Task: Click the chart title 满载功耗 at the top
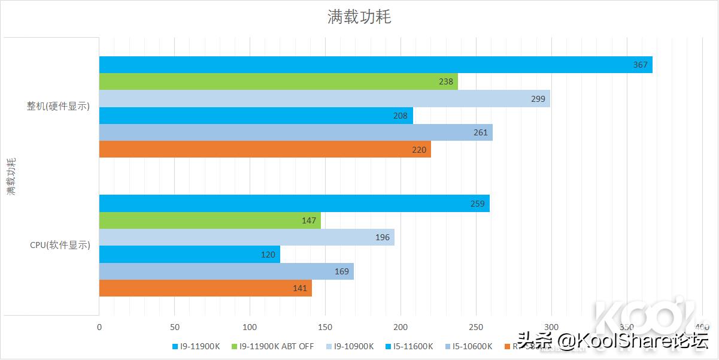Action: (x=359, y=17)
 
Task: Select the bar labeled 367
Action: (x=375, y=65)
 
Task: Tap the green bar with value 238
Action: (x=278, y=81)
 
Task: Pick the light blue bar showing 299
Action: (x=324, y=99)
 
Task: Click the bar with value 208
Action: (x=256, y=116)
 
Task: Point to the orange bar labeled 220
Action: (x=265, y=149)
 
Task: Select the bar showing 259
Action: (x=294, y=204)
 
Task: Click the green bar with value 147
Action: (x=210, y=220)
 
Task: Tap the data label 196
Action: (x=382, y=237)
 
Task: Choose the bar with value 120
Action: (x=189, y=255)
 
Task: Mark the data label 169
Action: (x=342, y=271)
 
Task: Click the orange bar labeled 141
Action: (x=205, y=288)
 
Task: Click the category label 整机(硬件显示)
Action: (x=58, y=107)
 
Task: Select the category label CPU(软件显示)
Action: (x=60, y=245)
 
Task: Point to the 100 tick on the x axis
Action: (x=250, y=327)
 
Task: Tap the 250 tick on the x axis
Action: (x=476, y=327)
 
